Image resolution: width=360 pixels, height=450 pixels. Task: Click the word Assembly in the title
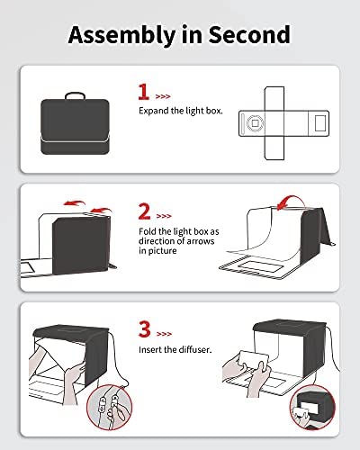pyautogui.click(x=121, y=35)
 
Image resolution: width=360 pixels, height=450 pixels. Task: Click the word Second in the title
pyautogui.click(x=249, y=34)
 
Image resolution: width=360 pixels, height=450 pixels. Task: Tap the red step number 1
pyautogui.click(x=144, y=92)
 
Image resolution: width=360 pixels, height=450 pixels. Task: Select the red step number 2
pyautogui.click(x=145, y=211)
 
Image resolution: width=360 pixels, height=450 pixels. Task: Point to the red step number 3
pyautogui.click(x=145, y=329)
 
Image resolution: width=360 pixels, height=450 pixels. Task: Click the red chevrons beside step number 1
pyautogui.click(x=163, y=96)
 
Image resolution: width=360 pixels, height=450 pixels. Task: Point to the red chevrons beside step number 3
pyautogui.click(x=164, y=334)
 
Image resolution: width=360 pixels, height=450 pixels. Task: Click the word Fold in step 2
pyautogui.click(x=148, y=231)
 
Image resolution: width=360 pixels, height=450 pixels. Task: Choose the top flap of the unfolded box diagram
pyautogui.click(x=274, y=98)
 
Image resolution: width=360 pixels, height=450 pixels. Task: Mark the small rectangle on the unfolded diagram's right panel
pyautogui.click(x=320, y=123)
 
